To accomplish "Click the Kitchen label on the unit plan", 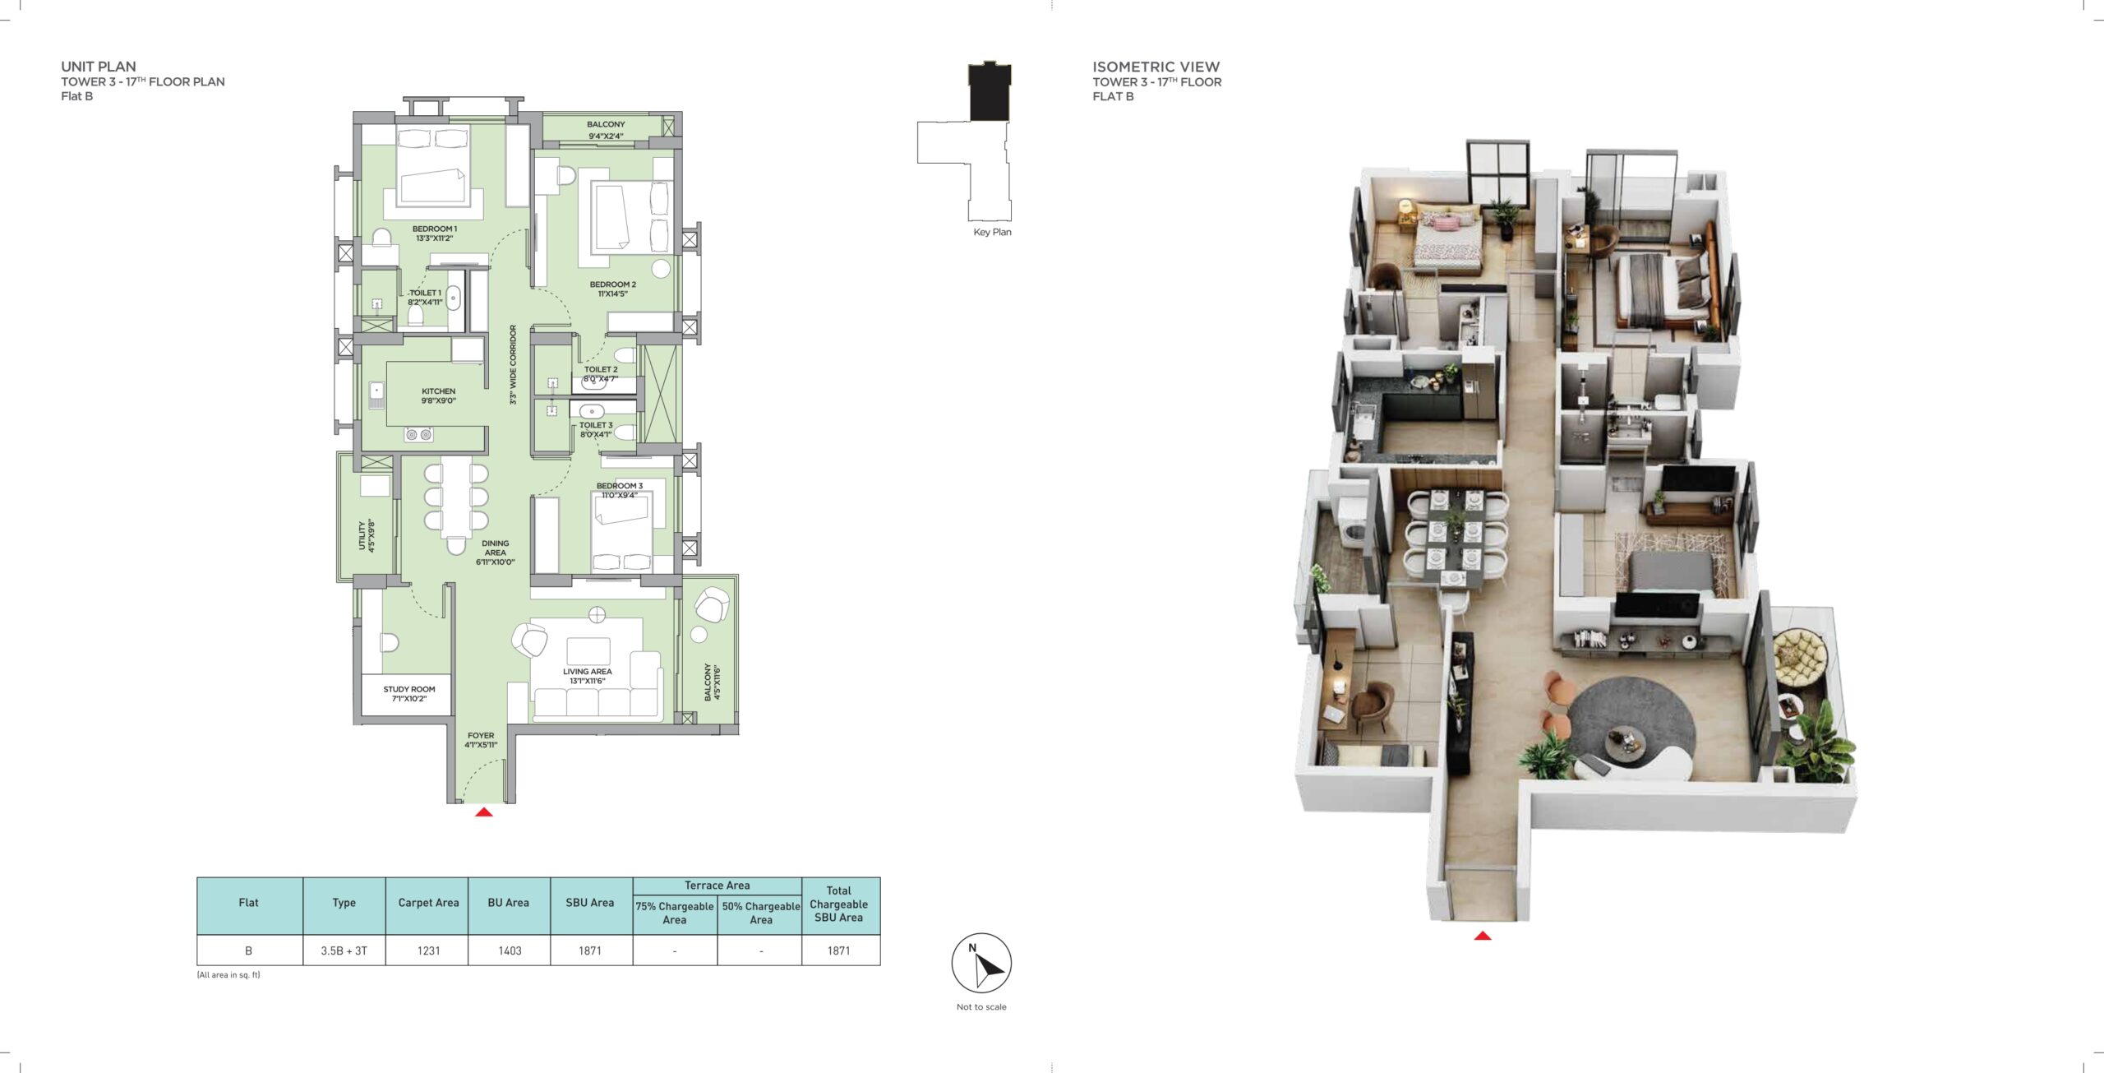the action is (438, 396).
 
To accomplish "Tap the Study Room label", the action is (409, 694).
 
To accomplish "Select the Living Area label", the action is (588, 676).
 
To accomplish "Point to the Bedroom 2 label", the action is (613, 289).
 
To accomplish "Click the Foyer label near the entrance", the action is (481, 740).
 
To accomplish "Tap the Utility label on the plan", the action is (366, 535).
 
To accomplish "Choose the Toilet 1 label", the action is (425, 297).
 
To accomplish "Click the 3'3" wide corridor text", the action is (513, 364).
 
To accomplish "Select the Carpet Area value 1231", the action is (428, 950).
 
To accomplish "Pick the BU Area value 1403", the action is (510, 950).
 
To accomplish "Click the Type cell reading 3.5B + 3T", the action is (344, 950).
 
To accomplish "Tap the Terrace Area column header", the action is (717, 886).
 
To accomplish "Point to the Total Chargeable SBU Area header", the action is (839, 904).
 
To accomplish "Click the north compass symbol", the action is (981, 964).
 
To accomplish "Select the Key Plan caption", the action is (992, 232).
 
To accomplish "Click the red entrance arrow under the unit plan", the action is (484, 812).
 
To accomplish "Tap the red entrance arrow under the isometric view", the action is (1483, 936).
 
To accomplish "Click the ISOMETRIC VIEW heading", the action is (1156, 67).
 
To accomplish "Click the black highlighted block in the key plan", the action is (990, 91).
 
